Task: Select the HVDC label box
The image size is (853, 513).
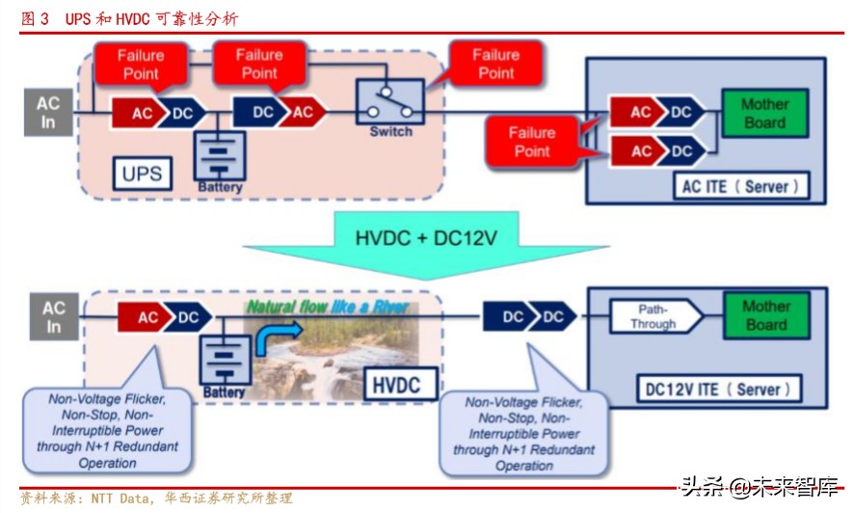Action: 395,386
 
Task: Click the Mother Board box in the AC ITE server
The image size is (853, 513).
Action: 764,114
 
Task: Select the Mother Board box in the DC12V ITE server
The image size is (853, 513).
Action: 765,315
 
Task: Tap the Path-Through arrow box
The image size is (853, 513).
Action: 654,316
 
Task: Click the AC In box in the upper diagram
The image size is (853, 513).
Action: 48,113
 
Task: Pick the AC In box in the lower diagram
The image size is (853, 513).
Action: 54,317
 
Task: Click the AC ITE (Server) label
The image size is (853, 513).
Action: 740,185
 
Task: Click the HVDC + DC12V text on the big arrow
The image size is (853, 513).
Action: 426,236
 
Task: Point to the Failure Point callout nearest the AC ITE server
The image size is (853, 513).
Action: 532,142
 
